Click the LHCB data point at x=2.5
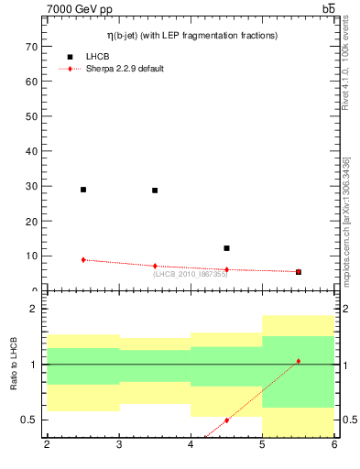click(x=83, y=190)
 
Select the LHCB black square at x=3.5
click(x=155, y=191)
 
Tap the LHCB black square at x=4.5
click(x=226, y=248)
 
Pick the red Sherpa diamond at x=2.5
click(x=83, y=260)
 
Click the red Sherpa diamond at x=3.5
click(x=155, y=266)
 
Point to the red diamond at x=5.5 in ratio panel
click(x=298, y=361)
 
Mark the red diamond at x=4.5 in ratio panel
click(x=226, y=420)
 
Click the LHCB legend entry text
click(x=98, y=57)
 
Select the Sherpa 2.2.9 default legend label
click(x=125, y=69)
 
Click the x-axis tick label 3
click(x=119, y=445)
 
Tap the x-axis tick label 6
click(x=333, y=445)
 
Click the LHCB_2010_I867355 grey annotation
click(x=191, y=274)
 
